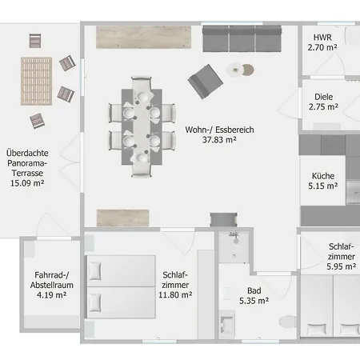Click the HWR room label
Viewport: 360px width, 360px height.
coord(322,37)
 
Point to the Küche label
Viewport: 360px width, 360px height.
coord(323,176)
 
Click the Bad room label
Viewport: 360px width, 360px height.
coord(254,290)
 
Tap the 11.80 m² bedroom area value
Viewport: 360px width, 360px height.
coord(174,294)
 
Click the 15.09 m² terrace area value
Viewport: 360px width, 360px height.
coord(26,182)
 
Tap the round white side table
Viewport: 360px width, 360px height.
coord(237,70)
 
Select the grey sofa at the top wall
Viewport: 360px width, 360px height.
coord(241,38)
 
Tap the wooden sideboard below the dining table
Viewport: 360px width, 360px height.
coord(123,217)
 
